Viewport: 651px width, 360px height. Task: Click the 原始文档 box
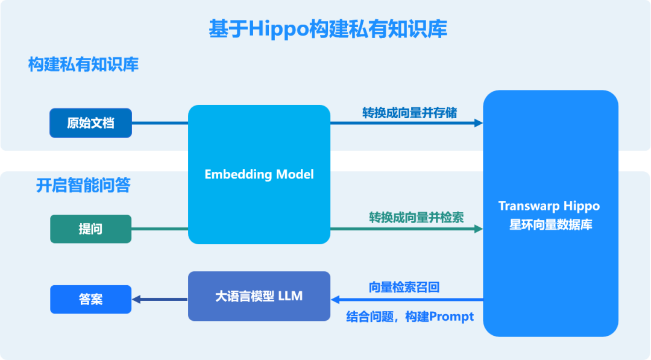point(90,123)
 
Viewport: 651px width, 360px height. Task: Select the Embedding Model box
point(259,174)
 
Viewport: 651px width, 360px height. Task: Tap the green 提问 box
point(90,229)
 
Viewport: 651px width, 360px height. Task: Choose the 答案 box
point(90,299)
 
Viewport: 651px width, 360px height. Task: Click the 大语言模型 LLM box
point(259,296)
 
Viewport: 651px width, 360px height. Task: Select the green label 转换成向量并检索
point(417,218)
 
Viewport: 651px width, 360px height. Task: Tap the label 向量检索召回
point(404,288)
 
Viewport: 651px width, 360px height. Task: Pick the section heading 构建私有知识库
point(83,65)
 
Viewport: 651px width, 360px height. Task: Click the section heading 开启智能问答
point(83,186)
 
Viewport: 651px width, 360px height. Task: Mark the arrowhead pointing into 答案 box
point(136,299)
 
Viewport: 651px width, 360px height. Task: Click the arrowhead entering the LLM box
point(336,299)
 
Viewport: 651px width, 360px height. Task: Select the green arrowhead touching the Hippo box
point(479,229)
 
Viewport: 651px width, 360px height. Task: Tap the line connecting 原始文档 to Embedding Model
point(160,123)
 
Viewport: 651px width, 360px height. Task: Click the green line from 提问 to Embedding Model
point(160,229)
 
